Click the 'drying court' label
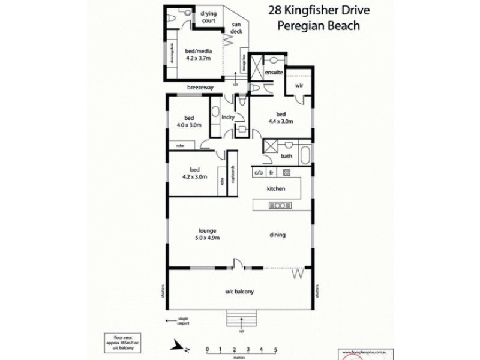(208, 16)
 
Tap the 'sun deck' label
(236, 28)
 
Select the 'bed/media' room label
(199, 55)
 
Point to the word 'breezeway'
(199, 88)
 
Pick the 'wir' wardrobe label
(298, 85)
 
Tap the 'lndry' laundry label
(227, 118)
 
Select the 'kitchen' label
(276, 188)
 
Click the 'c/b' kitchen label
(259, 173)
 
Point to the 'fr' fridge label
(272, 173)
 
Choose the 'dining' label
(277, 235)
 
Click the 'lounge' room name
(208, 230)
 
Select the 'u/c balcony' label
(239, 292)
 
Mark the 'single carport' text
(182, 321)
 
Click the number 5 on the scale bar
(275, 348)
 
